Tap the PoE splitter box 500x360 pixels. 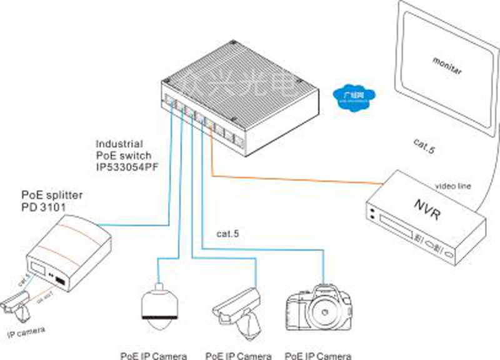(x=74, y=249)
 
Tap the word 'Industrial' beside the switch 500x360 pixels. (x=119, y=144)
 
